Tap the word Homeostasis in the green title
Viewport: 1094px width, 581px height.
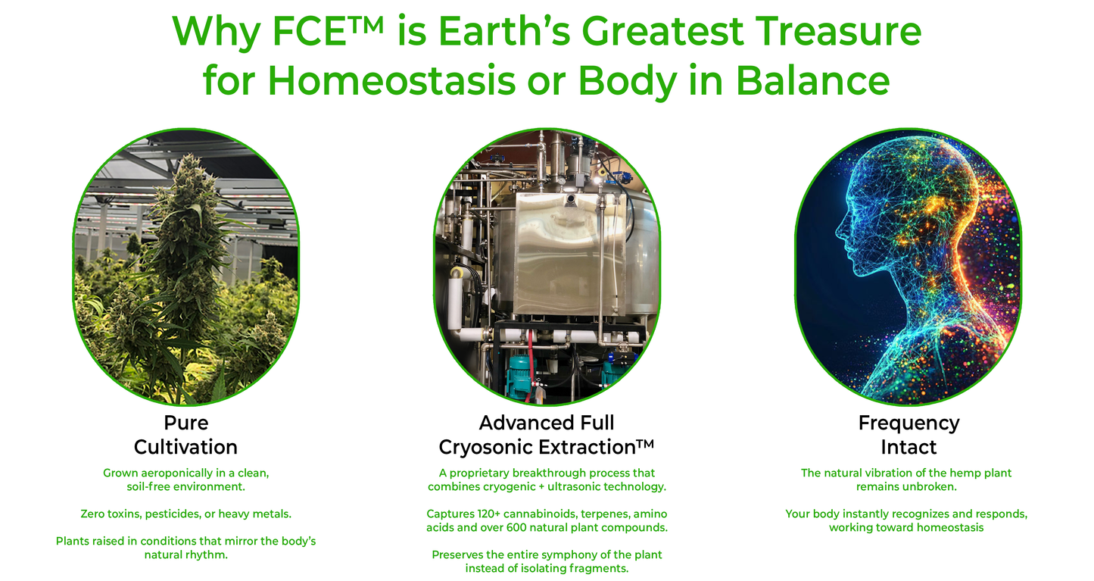(x=391, y=80)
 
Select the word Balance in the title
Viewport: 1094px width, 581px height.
(x=812, y=80)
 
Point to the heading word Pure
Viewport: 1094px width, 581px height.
(x=186, y=423)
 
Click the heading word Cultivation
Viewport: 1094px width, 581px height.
(x=185, y=447)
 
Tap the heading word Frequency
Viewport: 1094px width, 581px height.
(x=909, y=423)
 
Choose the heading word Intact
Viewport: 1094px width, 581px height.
(x=909, y=447)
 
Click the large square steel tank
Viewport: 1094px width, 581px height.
(x=559, y=254)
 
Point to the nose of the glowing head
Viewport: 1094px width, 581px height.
(x=839, y=230)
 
